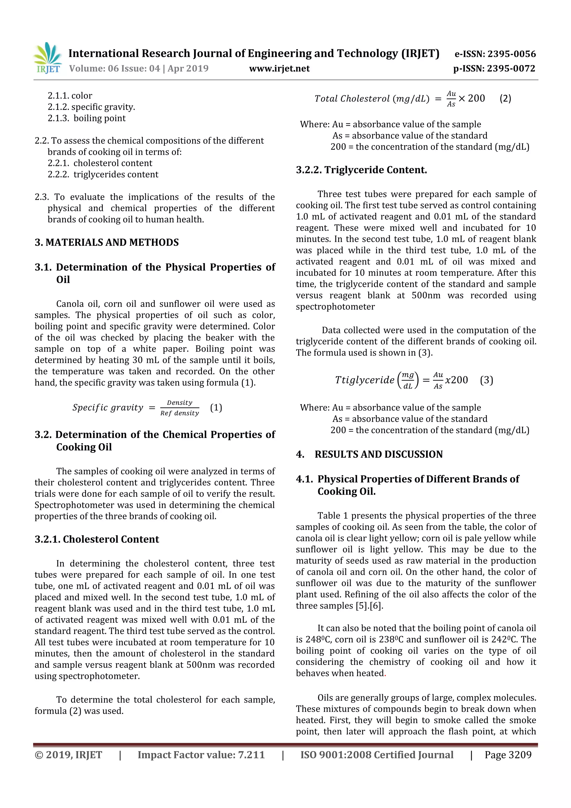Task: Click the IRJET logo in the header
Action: [48, 58]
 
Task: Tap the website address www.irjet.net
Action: [279, 69]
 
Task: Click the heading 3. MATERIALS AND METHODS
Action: [107, 242]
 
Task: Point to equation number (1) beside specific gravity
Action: [216, 407]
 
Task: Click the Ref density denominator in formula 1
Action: [180, 413]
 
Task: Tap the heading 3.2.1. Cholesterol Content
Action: [97, 539]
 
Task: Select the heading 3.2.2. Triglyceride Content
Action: [361, 170]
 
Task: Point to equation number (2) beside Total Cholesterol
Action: [505, 98]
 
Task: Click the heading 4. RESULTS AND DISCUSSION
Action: [369, 454]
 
